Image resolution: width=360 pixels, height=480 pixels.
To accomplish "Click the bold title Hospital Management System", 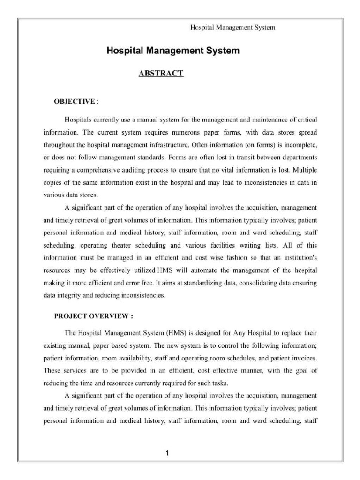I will point(173,50).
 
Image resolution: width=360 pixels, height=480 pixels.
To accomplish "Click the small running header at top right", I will point(232,27).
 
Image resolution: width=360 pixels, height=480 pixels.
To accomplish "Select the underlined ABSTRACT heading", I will point(161,73).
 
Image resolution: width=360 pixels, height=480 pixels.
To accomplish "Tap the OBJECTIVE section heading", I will point(75,101).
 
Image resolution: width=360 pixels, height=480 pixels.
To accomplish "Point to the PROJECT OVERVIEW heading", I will point(93,316).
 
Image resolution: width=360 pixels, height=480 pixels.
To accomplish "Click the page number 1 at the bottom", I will point(166,453).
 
